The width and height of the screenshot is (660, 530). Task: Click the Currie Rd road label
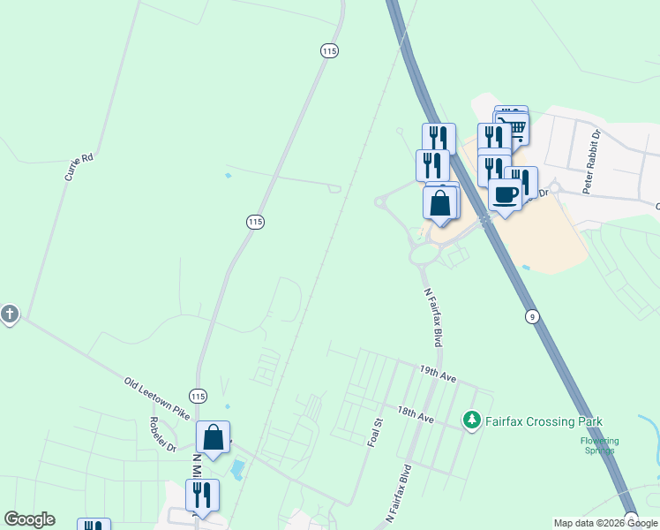[79, 167]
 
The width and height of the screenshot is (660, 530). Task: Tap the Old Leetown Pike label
[157, 400]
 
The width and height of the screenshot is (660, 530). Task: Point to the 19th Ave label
[438, 375]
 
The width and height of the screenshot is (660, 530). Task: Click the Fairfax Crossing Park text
[543, 420]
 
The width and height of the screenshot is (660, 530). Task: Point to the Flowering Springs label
[599, 445]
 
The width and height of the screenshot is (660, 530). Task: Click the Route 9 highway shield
[531, 315]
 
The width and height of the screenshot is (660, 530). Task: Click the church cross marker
[10, 314]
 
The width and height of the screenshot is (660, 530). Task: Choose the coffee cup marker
[505, 194]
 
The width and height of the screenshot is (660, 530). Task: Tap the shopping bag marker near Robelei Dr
[213, 435]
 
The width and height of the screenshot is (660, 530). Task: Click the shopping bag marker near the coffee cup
[440, 202]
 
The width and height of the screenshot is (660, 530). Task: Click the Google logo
[29, 519]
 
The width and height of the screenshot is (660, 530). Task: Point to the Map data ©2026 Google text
[605, 523]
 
